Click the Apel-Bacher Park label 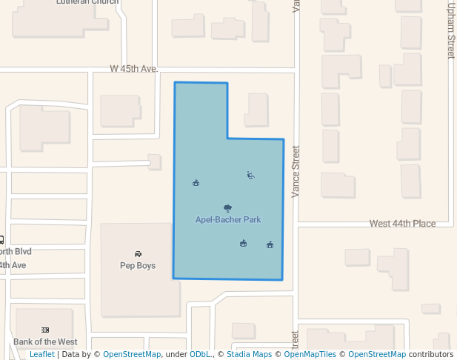(228, 220)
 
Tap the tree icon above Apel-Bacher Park (227, 209)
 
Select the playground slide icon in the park (250, 176)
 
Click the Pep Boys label (138, 265)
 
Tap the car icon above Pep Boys (138, 254)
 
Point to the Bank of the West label (45, 341)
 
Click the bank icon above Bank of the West (45, 330)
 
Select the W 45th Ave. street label (134, 69)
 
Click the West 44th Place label (403, 224)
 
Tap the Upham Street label (450, 30)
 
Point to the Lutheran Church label (87, 2)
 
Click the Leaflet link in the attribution (42, 355)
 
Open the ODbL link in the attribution (199, 355)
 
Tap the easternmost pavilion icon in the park (270, 244)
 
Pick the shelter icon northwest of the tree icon (196, 183)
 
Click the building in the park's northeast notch (256, 110)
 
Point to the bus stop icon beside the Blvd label (1, 239)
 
